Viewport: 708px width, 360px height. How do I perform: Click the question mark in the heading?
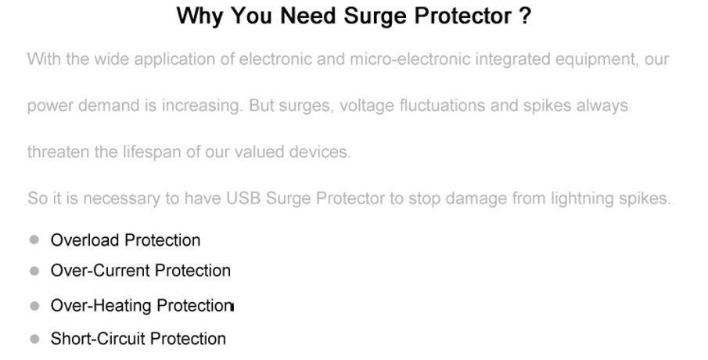click(525, 16)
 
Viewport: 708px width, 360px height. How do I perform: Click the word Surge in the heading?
click(376, 17)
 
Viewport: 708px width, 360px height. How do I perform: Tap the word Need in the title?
click(308, 16)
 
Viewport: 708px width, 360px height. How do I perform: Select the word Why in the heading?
click(199, 17)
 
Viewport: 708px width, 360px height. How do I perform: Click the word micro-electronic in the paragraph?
click(410, 59)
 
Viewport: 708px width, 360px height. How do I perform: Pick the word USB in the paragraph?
click(243, 198)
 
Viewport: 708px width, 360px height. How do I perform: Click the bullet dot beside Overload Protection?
click(34, 239)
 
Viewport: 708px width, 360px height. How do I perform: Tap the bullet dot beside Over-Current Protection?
click(34, 271)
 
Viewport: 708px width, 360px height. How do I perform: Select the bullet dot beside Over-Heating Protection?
click(34, 306)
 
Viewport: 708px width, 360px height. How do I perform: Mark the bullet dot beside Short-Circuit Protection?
click(34, 339)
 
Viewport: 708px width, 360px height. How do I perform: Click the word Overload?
click(84, 240)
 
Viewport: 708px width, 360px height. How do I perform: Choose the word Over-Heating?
click(101, 306)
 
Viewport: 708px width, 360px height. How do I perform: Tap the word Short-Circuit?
click(98, 339)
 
